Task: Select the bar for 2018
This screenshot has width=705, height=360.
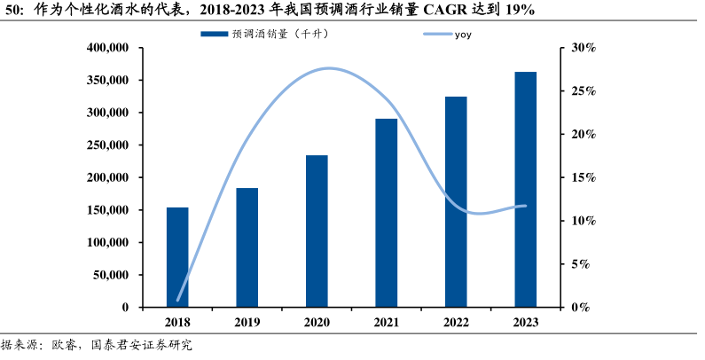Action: click(x=177, y=257)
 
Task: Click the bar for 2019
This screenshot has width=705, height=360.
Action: click(x=247, y=247)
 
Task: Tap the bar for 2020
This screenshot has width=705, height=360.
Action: click(x=317, y=231)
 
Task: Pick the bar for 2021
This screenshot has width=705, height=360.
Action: click(x=386, y=213)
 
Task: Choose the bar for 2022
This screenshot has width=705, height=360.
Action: click(x=456, y=201)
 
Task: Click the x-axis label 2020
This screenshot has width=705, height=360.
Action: click(x=317, y=323)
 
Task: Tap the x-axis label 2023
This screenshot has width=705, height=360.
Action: click(x=525, y=323)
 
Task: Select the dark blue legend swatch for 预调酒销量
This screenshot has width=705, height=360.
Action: click(x=214, y=35)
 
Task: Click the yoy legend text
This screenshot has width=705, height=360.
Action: click(x=463, y=35)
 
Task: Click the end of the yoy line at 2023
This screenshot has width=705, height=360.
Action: click(x=525, y=206)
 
